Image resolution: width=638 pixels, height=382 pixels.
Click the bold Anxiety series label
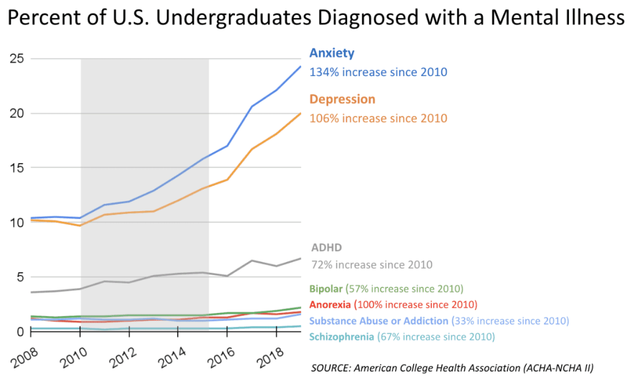331,53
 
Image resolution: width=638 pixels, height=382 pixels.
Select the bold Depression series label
342,99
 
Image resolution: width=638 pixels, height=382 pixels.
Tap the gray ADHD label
326,247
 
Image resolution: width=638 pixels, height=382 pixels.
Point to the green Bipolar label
326,289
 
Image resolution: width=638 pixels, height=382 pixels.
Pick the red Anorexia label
330,305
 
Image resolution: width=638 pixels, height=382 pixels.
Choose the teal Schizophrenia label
341,337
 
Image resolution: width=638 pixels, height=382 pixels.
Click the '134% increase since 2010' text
378,72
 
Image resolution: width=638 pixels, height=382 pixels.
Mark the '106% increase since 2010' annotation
378,118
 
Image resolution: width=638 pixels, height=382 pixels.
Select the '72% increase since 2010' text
372,265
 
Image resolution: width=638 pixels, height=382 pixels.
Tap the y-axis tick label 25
17,59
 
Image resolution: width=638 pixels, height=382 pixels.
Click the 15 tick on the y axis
17,168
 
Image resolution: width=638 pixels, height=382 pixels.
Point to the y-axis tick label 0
20,332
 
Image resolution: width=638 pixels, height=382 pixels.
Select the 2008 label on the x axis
25,358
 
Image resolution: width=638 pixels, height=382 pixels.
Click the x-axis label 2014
172,358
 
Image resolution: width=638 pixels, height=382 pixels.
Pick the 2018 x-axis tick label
270,358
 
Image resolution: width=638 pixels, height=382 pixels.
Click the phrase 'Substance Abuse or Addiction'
379,321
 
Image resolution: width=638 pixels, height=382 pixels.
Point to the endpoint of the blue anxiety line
301,66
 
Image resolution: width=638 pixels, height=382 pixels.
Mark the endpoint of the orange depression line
301,113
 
